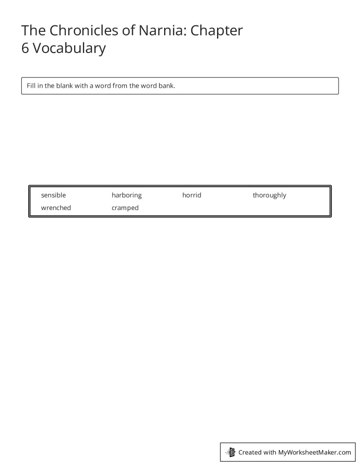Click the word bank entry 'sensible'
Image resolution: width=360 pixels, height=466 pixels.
53,195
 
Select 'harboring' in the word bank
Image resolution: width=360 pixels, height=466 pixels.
127,195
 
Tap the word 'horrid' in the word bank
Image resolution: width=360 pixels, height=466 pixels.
191,195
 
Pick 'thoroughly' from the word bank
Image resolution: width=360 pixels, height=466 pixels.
269,195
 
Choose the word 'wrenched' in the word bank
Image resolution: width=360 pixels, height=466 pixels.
56,208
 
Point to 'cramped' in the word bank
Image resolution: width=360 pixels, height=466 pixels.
125,208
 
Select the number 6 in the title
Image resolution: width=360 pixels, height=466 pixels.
25,48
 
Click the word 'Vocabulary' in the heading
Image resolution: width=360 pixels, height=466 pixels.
69,48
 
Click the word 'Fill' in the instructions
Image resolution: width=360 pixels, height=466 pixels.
31,86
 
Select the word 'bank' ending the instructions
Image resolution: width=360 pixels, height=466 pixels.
166,86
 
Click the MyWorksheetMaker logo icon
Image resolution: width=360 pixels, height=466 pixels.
230,452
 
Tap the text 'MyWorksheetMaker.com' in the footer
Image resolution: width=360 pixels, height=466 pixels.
314,452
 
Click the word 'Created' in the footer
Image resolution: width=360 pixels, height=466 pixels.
250,452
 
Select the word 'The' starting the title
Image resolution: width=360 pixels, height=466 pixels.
34,30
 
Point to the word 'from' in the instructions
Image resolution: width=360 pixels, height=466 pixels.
120,86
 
